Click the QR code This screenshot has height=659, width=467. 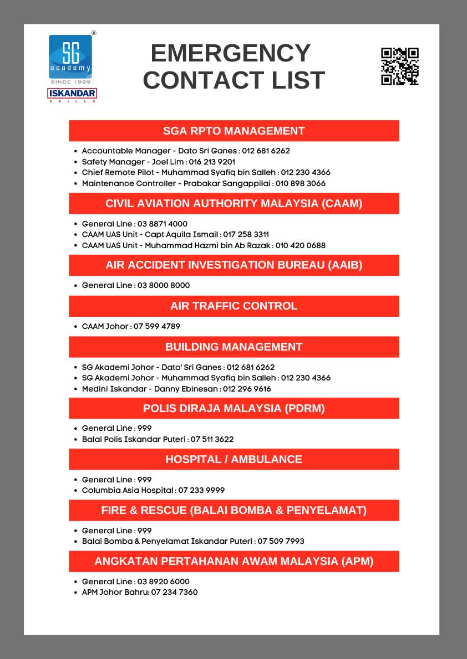[x=399, y=66]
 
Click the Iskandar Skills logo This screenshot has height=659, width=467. [x=72, y=95]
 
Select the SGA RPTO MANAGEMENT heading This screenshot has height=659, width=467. [x=233, y=131]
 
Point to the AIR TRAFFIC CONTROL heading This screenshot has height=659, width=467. [x=233, y=306]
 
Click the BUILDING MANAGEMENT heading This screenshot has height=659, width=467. [x=233, y=347]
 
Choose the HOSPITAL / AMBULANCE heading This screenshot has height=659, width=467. [x=233, y=460]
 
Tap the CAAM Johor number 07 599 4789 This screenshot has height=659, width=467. [x=157, y=326]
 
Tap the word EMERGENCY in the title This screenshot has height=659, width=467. [x=230, y=53]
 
